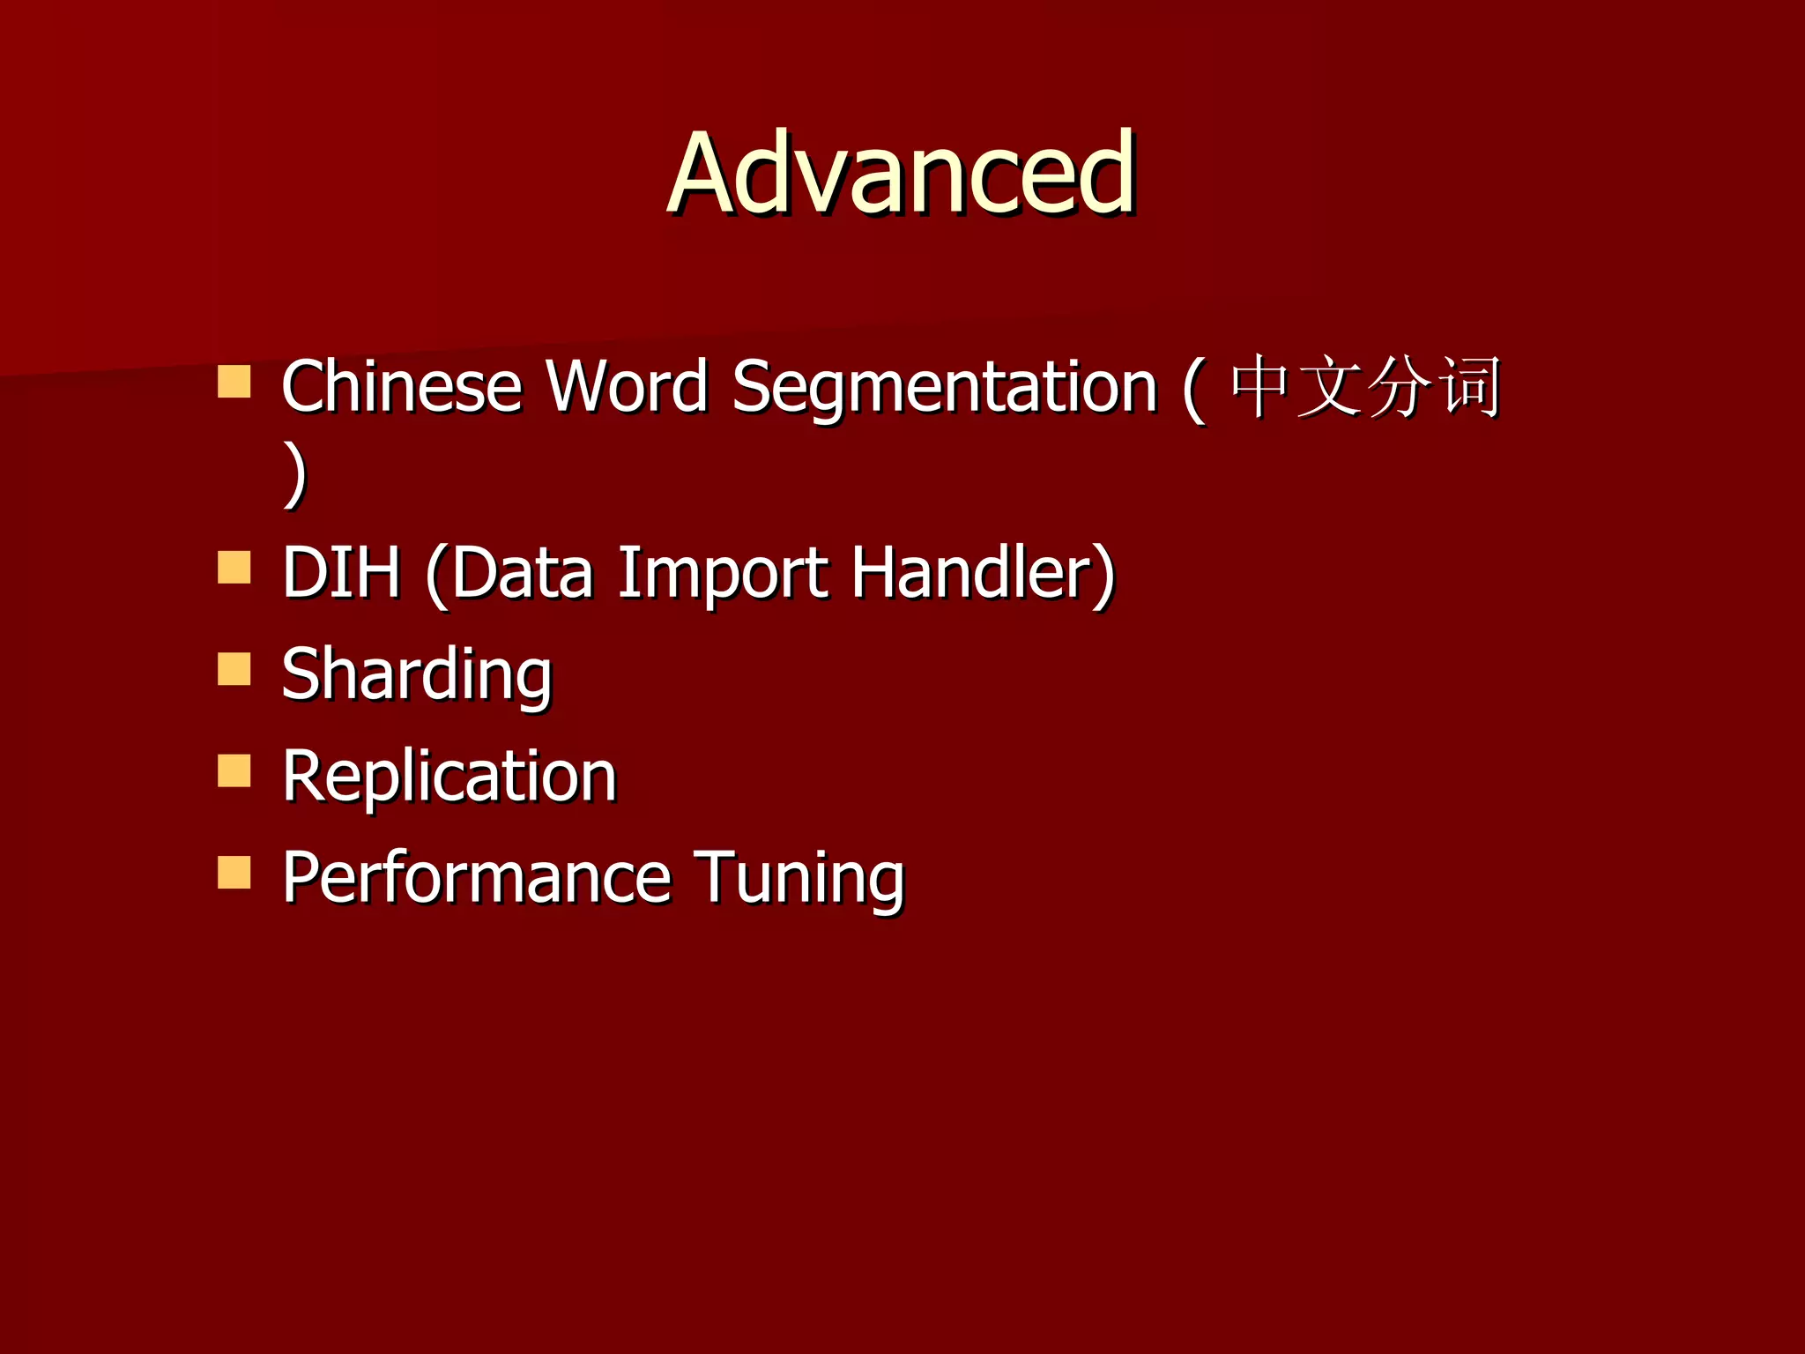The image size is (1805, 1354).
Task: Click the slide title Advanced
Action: pyautogui.click(x=901, y=173)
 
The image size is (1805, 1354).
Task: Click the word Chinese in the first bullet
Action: pyautogui.click(x=402, y=386)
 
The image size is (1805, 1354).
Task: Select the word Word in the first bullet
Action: pyautogui.click(x=627, y=386)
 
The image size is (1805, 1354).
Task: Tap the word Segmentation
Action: pyautogui.click(x=944, y=388)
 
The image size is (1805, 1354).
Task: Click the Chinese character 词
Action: pyautogui.click(x=1469, y=386)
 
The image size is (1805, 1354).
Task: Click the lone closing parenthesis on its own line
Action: pyautogui.click(x=296, y=474)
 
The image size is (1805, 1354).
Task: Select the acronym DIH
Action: pyautogui.click(x=341, y=573)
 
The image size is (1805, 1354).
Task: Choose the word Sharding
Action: pyautogui.click(x=417, y=675)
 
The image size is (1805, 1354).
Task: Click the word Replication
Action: pyautogui.click(x=449, y=777)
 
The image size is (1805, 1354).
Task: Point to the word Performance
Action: pyautogui.click(x=477, y=878)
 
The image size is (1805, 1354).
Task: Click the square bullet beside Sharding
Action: pyautogui.click(x=234, y=669)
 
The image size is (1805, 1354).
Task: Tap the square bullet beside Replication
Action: pyautogui.click(x=234, y=770)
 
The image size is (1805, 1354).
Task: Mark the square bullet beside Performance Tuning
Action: pyautogui.click(x=234, y=872)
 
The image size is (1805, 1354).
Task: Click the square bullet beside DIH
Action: pyautogui.click(x=234, y=568)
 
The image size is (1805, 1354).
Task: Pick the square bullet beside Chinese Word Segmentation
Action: pyautogui.click(x=234, y=382)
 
